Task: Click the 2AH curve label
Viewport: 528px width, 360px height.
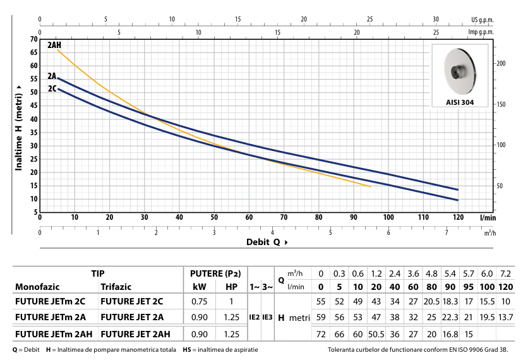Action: [54, 45]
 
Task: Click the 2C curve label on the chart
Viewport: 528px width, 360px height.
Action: [52, 89]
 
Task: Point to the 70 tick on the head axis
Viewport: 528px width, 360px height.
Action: [33, 39]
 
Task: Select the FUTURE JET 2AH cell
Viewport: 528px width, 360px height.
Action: [134, 332]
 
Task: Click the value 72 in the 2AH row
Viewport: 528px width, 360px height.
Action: [320, 332]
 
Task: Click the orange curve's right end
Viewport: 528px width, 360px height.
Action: [370, 186]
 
